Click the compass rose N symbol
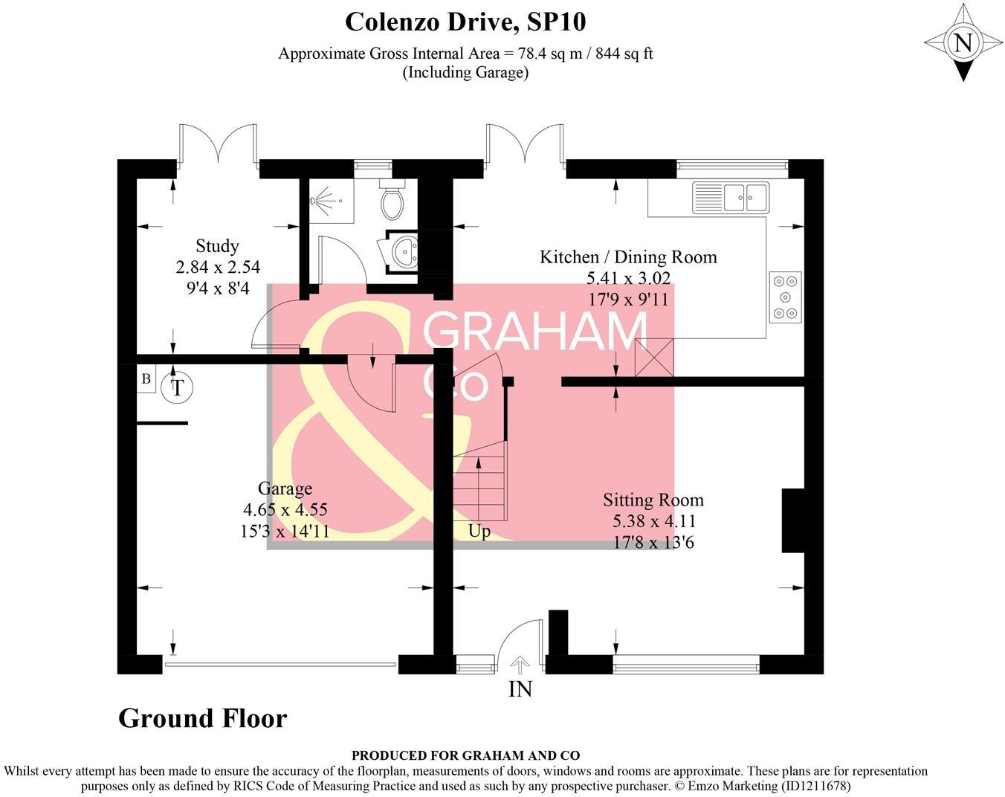pos(963,42)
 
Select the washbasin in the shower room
pos(402,251)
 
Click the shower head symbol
pos(320,201)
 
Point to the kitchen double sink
pos(731,197)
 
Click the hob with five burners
pos(786,297)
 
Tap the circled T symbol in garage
pos(177,388)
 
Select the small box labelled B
pos(146,379)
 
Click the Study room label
pos(217,246)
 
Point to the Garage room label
pos(285,488)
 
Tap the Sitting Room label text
pos(653,500)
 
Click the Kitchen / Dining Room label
pos(628,257)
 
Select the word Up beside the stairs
pos(479,532)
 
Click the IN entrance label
pos(520,690)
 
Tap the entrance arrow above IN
pos(520,664)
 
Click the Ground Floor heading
pos(202,718)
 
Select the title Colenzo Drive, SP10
pos(465,22)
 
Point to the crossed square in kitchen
pos(654,357)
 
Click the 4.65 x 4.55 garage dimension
pos(285,510)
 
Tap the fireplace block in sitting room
pos(792,520)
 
